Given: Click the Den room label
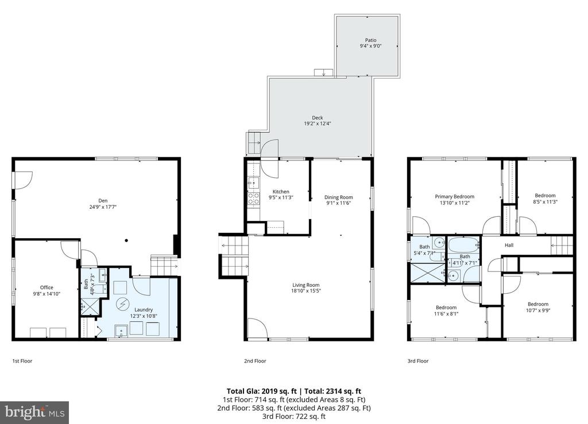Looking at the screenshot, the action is (x=103, y=201).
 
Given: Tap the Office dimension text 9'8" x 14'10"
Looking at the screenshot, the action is (x=47, y=294).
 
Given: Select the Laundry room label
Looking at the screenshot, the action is (x=144, y=310).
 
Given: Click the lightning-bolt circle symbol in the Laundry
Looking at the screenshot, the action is (x=122, y=304).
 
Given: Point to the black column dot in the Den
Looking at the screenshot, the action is (x=127, y=240).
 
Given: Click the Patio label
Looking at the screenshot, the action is (x=370, y=40).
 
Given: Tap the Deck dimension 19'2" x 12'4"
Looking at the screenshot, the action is (x=317, y=123).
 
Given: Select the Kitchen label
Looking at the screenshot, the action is (x=281, y=192).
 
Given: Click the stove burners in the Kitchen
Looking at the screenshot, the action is (x=253, y=198).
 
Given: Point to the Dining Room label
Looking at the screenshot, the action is (x=338, y=197).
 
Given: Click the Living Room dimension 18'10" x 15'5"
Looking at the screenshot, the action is (x=306, y=291).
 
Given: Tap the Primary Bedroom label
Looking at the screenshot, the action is (x=455, y=197).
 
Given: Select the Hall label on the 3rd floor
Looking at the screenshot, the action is (x=509, y=246).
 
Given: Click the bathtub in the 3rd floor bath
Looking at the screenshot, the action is (x=464, y=246).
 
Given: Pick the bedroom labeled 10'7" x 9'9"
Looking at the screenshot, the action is (x=537, y=307).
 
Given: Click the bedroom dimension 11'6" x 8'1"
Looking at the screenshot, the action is (x=446, y=314).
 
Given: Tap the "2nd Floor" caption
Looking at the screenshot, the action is (x=255, y=361).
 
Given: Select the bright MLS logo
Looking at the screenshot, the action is (x=34, y=413).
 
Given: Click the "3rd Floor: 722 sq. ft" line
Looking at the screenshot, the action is (x=294, y=416).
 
